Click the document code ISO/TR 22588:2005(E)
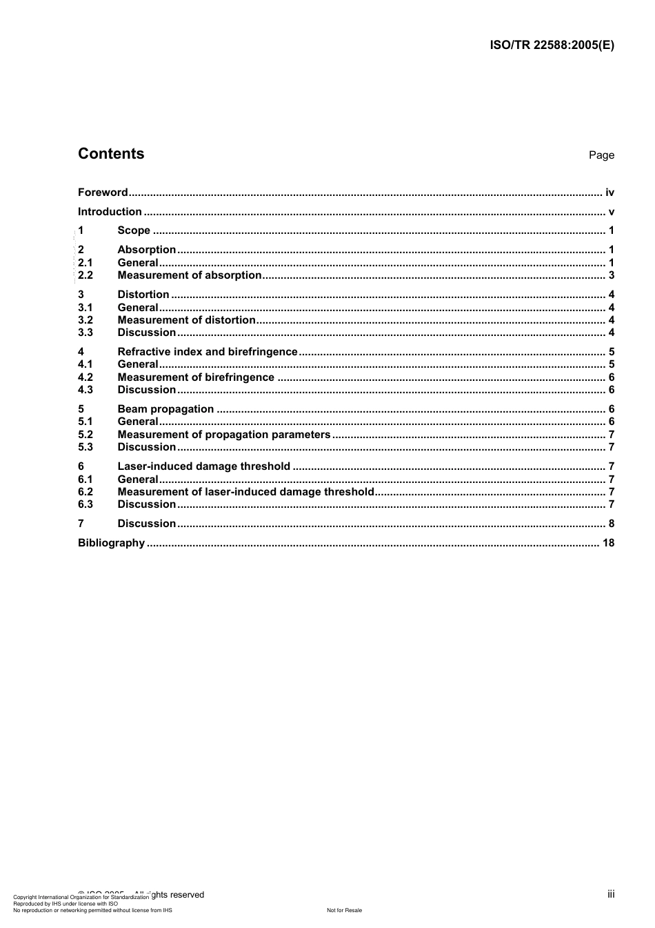[x=552, y=46]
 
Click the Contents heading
[x=111, y=154]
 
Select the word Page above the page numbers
[x=601, y=155]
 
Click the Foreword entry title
[x=103, y=192]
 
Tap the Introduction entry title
[x=110, y=212]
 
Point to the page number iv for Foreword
[x=609, y=192]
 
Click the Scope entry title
[x=134, y=230]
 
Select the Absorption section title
[x=147, y=250]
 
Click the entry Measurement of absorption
[x=190, y=275]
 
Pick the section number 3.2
[x=85, y=320]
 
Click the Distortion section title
[x=143, y=295]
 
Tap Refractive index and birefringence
[x=208, y=352]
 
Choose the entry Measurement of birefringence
[x=196, y=377]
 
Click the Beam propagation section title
[x=165, y=409]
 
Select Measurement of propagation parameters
[x=224, y=435]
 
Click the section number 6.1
[x=85, y=480]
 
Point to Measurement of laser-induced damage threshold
[x=245, y=492]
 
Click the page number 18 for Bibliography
[x=608, y=543]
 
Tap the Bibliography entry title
[x=112, y=543]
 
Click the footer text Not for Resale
[x=344, y=910]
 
